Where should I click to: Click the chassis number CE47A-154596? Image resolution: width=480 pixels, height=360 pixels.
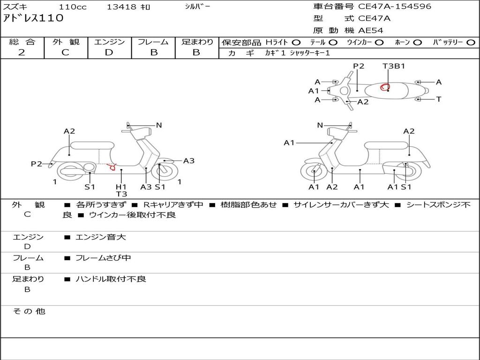394,7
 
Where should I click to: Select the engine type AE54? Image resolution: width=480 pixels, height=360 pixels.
371,30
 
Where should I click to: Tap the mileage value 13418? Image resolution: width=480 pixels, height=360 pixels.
121,7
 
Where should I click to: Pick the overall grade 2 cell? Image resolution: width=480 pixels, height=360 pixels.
22,52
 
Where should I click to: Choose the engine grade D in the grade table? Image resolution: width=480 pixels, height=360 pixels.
109,52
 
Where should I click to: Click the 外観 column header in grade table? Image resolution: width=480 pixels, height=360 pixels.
66,42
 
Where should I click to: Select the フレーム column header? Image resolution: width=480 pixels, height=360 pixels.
153,42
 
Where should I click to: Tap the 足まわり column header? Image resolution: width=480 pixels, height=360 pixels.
197,42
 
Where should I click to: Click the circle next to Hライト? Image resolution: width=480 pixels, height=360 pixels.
296,42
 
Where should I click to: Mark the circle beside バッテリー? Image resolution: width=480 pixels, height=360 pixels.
470,42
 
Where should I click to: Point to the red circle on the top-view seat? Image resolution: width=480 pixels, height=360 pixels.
385,87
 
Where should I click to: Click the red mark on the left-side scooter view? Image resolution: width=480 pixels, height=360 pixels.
112,166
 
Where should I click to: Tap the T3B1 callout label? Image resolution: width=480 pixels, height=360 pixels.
393,66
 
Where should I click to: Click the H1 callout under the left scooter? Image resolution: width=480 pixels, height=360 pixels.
121,187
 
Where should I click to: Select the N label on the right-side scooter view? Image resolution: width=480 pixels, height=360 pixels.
320,125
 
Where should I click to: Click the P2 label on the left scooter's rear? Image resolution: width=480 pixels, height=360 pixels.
36,164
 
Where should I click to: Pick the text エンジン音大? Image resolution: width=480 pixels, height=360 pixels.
100,237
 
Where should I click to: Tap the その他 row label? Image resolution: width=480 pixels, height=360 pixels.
29,311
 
